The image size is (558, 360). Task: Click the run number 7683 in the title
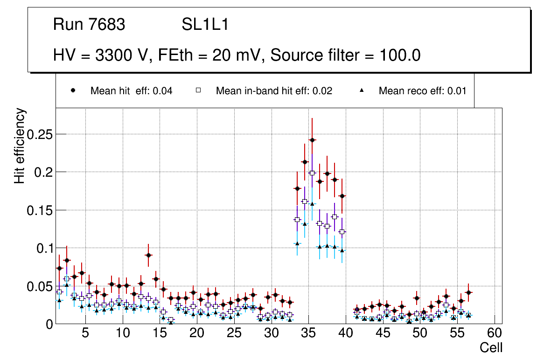[107, 25]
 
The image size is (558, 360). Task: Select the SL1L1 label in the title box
[205, 25]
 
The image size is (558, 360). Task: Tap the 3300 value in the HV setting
[113, 55]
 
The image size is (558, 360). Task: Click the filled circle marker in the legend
[73, 90]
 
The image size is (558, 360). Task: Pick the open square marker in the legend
[198, 90]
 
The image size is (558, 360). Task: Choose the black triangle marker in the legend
[362, 90]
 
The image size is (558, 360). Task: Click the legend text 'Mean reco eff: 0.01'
[422, 91]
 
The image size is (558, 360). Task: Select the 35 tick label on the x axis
[308, 333]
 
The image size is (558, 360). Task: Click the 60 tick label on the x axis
[495, 333]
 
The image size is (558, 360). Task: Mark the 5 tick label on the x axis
[85, 333]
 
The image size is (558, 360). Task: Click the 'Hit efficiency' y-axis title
[20, 145]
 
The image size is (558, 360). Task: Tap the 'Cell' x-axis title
[491, 348]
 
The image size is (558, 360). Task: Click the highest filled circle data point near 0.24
[312, 140]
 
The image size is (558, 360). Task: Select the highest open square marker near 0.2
[312, 173]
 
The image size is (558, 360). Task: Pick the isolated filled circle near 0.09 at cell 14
[148, 255]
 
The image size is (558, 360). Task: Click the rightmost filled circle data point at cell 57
[468, 292]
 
